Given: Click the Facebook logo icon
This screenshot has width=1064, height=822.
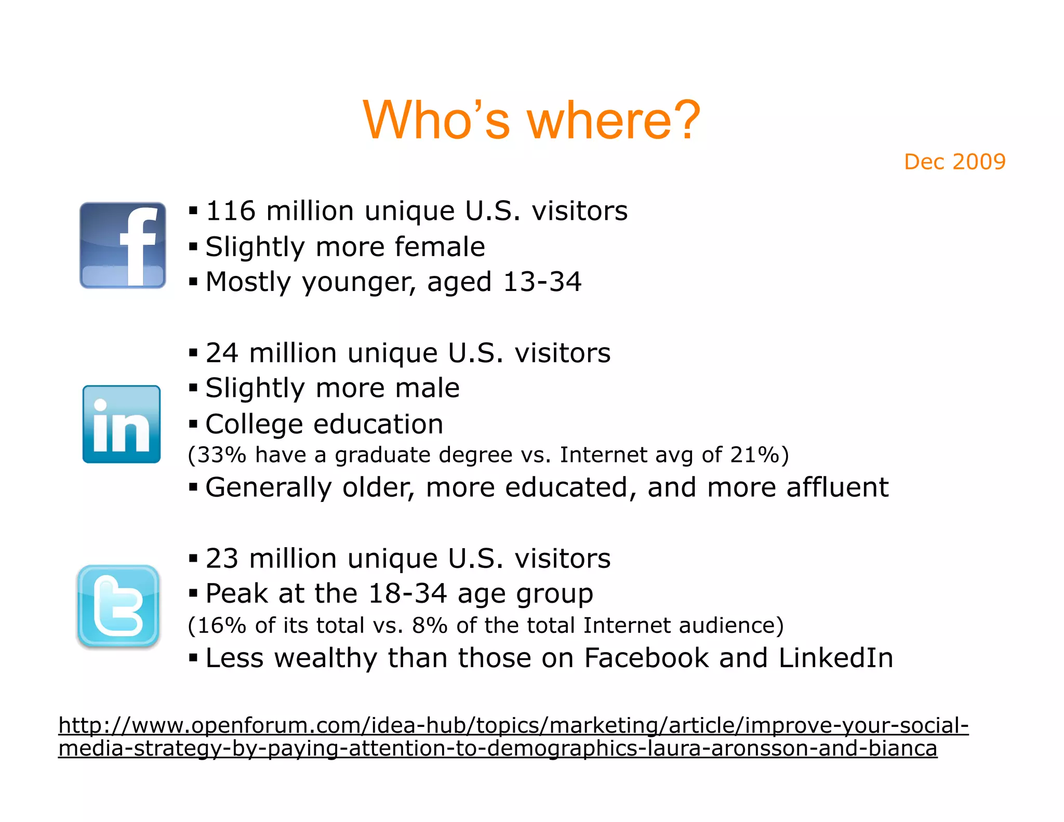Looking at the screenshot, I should [123, 245].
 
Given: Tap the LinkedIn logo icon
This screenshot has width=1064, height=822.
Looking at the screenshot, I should [122, 424].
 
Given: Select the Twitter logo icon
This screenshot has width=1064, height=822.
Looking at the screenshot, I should [118, 606].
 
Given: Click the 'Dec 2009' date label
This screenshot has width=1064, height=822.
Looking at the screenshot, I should [954, 162].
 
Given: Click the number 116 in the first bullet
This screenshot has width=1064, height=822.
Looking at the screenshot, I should [231, 211].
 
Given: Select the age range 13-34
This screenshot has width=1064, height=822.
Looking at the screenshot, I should [542, 282].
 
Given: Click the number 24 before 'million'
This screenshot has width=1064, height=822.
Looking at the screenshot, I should [222, 353].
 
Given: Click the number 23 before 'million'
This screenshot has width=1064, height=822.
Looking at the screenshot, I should [222, 559].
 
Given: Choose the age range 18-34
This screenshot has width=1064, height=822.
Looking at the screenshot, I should [407, 593].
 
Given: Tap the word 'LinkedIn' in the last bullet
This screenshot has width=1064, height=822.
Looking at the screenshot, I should [836, 658].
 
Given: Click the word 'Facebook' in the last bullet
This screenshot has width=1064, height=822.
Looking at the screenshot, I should [646, 658].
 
